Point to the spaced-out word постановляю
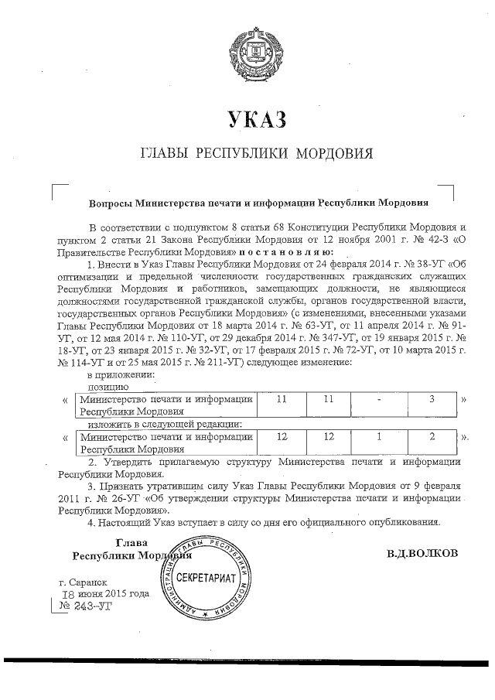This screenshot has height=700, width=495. [x=287, y=252]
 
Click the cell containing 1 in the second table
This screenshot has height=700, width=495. [x=379, y=437]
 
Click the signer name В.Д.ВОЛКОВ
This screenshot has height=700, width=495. [x=421, y=552]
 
